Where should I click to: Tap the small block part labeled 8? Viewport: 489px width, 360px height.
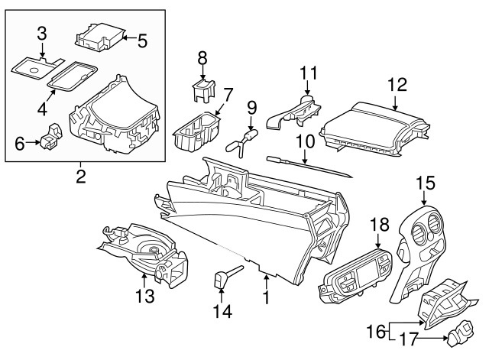pos(202,88)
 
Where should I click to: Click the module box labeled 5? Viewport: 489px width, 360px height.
pos(102,36)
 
